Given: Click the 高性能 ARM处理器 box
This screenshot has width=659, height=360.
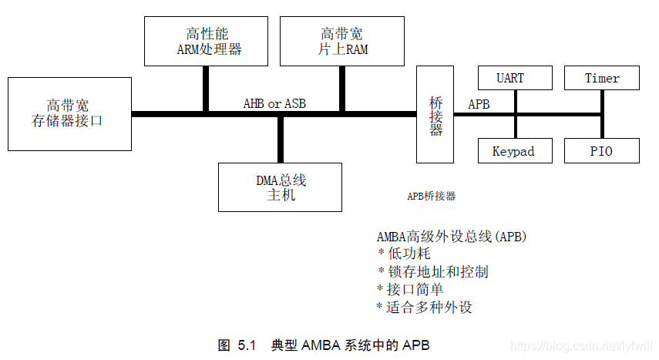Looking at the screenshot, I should coord(204,41).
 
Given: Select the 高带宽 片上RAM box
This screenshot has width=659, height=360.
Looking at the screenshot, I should coord(342,41).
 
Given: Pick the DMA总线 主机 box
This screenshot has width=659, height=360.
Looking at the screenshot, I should coord(280,187).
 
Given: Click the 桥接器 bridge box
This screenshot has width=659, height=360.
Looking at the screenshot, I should coord(435,114).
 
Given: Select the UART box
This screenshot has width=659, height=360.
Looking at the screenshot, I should coord(516,78).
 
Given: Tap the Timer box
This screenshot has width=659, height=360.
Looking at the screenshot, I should coord(602,78).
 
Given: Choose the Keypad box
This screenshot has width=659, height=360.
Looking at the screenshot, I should coord(513,151).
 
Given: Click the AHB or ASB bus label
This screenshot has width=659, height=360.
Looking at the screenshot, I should coord(274,103).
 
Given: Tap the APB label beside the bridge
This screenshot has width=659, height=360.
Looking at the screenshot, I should coord(478,103).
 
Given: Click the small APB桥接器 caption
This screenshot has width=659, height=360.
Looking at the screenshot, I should coord(432,197).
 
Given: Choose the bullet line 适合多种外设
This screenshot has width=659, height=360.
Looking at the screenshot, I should coord(428,307).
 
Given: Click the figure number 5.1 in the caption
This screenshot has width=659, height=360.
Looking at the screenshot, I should coord(246,345).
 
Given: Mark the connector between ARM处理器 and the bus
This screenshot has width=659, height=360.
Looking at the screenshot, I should coord(206,89).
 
